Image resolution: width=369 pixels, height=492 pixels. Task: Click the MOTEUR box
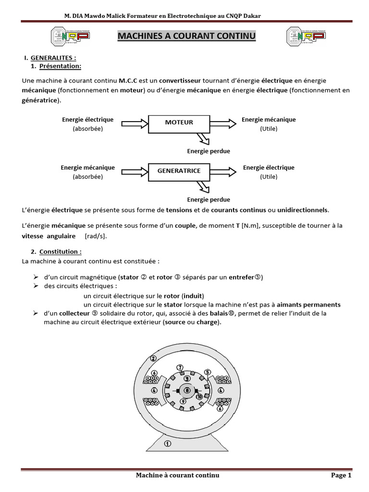pyautogui.click(x=179, y=123)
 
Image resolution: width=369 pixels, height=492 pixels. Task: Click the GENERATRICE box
pyautogui.click(x=179, y=171)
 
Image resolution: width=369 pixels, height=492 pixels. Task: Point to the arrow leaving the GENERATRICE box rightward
pyautogui.click(x=223, y=171)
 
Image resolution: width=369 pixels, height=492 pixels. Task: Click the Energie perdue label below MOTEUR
pyautogui.click(x=208, y=151)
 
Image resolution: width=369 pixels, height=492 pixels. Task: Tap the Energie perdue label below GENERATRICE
pyautogui.click(x=208, y=199)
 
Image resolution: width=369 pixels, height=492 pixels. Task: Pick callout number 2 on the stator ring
pyautogui.click(x=153, y=358)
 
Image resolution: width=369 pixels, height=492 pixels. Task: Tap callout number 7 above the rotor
pyautogui.click(x=180, y=368)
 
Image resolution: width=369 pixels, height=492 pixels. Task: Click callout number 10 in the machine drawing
pyautogui.click(x=199, y=397)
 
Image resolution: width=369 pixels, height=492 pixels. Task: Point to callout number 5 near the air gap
pyautogui.click(x=208, y=371)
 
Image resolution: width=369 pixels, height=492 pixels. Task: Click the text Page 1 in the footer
pyautogui.click(x=341, y=475)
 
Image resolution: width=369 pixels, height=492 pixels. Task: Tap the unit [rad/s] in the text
pyautogui.click(x=96, y=236)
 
